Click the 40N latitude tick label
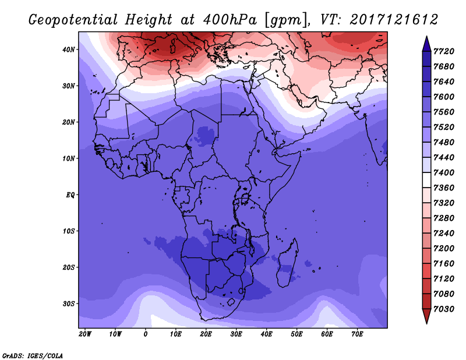click(68, 50)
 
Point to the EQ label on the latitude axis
click(70, 195)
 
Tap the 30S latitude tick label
click(68, 304)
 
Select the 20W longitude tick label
click(85, 334)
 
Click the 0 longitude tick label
click(145, 334)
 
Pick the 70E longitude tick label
click(357, 334)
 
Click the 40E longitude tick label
click(266, 334)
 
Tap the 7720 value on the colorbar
click(444, 51)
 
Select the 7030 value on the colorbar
click(444, 309)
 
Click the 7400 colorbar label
click(444, 172)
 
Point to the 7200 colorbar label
click(444, 249)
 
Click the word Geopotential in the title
click(73, 20)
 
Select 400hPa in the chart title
click(230, 20)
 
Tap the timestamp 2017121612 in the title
click(394, 20)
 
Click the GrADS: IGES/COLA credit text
click(33, 355)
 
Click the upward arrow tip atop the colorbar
click(426, 37)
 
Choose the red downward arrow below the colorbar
click(426, 316)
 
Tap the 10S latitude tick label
click(68, 231)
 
